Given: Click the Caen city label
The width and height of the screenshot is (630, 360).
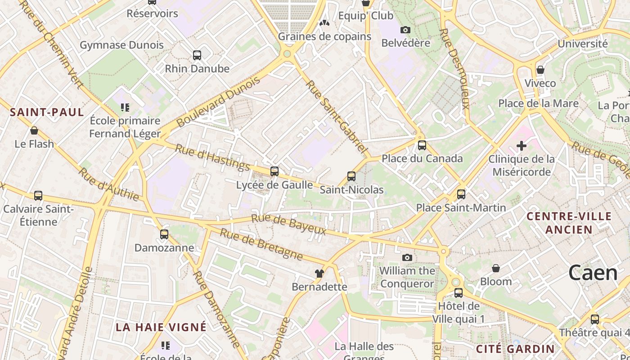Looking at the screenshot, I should (593, 273).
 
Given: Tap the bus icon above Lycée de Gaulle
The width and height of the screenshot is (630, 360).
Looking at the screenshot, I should (274, 171).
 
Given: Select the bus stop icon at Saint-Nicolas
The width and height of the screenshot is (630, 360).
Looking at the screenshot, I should (351, 176).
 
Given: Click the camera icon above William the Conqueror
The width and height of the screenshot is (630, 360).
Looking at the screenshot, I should (407, 257).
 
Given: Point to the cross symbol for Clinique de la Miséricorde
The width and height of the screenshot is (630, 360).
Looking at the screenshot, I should (522, 146).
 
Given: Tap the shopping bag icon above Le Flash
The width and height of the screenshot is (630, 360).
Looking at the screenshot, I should (34, 131).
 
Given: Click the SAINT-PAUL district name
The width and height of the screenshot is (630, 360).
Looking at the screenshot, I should (47, 112).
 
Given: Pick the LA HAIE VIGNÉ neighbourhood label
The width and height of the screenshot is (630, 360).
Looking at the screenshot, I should (161, 327).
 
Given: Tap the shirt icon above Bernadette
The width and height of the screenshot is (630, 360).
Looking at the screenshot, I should (319, 273).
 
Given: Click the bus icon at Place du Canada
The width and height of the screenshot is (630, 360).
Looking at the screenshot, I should (422, 145).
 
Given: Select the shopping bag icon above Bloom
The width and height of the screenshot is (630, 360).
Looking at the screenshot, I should (496, 268).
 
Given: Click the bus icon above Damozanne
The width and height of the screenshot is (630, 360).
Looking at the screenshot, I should (164, 234).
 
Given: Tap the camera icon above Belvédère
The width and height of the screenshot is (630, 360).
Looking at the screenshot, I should (405, 30).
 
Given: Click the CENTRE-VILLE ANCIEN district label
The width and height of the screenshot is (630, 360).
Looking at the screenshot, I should (566, 223).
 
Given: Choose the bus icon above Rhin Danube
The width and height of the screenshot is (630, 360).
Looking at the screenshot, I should (197, 55).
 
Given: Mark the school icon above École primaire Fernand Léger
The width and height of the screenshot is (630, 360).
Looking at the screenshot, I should (125, 108).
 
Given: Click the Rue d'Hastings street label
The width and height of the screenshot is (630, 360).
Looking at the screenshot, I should (212, 157).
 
